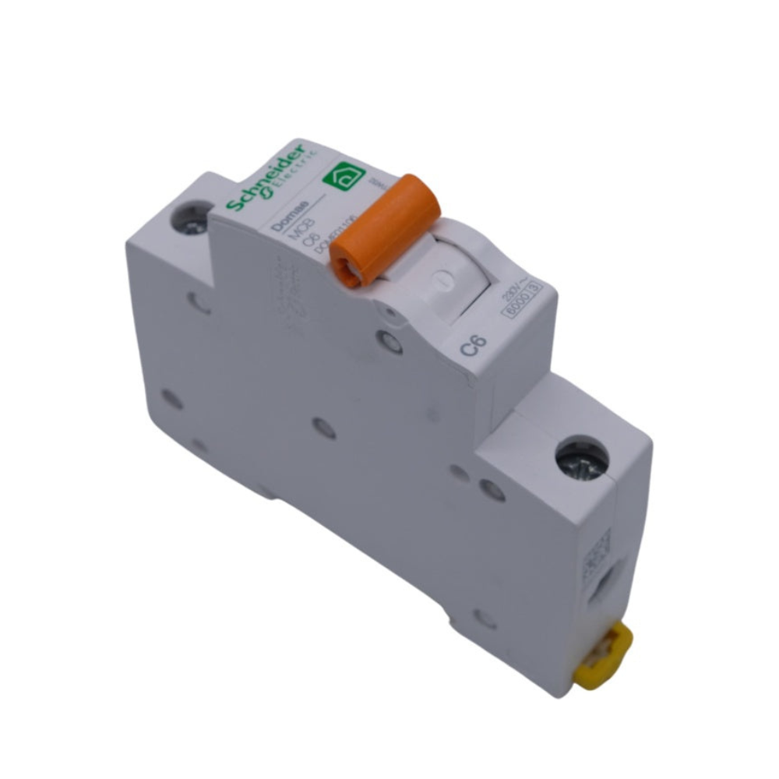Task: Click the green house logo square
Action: [343, 177]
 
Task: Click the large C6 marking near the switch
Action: [473, 344]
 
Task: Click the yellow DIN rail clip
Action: [603, 657]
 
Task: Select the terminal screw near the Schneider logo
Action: [192, 217]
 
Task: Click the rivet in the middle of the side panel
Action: [323, 427]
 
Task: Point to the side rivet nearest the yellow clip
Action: [485, 619]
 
